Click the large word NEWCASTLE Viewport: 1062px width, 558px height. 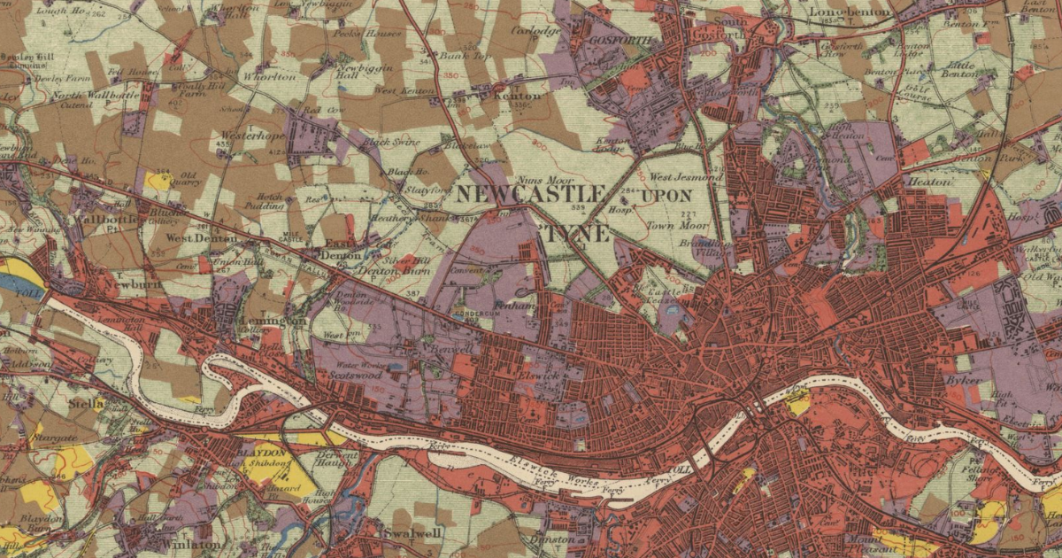coord(530,194)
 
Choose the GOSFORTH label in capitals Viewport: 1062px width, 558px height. coord(624,42)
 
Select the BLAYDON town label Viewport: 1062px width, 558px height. coord(263,453)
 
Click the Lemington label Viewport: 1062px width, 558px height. coord(271,321)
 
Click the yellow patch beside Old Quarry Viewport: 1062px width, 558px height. coord(158,181)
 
